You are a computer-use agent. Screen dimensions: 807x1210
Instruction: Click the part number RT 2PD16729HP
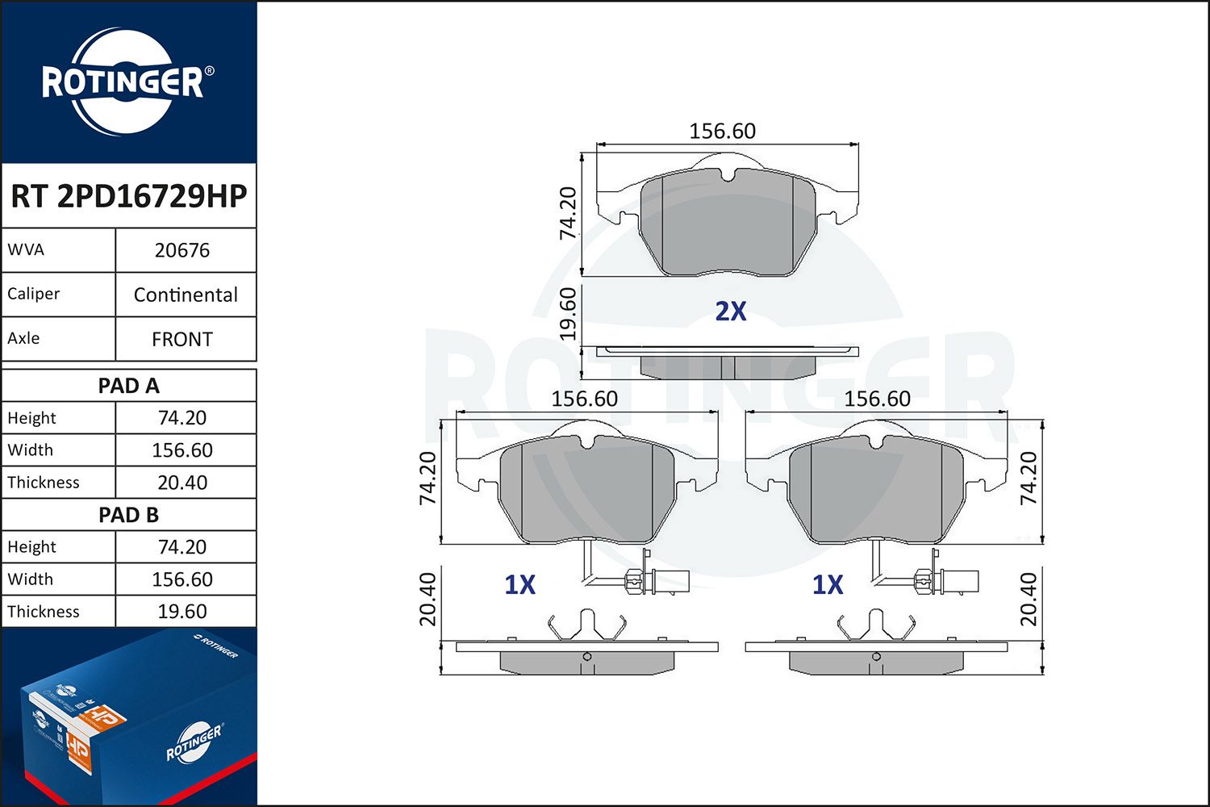(x=128, y=196)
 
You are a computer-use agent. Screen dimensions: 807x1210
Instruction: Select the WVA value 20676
(x=182, y=250)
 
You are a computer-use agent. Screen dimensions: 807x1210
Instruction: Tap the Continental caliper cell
(x=186, y=295)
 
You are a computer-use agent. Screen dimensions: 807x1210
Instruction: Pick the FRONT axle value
(x=182, y=339)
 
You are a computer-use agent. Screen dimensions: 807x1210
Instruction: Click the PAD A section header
(x=128, y=386)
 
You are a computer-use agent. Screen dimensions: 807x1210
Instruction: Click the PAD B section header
(x=128, y=515)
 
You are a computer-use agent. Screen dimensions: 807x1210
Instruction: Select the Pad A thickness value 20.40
(x=182, y=483)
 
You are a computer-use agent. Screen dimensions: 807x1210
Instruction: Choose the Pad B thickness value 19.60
(x=182, y=612)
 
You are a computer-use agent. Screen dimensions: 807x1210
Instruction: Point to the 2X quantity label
(x=731, y=312)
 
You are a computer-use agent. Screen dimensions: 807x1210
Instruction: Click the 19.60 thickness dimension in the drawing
(x=569, y=313)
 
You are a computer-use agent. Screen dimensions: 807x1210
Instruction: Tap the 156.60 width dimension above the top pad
(x=722, y=131)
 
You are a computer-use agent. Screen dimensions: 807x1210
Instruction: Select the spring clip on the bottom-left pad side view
(x=586, y=625)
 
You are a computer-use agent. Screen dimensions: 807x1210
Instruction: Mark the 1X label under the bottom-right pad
(x=828, y=585)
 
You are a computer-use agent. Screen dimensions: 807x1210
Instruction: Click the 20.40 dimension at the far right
(x=1028, y=600)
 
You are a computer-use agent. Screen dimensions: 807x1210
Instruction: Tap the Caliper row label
(x=34, y=294)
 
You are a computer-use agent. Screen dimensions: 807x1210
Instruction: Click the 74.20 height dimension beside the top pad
(x=569, y=212)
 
